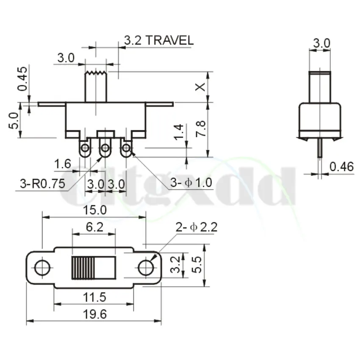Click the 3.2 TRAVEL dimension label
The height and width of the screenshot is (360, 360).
158,41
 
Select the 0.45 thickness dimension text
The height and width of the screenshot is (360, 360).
23,79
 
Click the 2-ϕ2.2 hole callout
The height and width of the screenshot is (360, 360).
196,227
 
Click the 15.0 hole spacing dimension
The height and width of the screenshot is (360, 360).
95,210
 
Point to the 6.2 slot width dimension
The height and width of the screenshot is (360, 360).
94,227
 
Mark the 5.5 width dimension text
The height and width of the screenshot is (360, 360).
196,266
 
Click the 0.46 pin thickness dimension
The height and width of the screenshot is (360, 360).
341,166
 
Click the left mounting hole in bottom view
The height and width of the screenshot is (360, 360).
42,268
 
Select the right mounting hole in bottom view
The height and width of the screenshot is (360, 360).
146,268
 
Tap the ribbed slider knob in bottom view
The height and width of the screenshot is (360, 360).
83,268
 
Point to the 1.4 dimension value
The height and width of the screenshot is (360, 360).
179,132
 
